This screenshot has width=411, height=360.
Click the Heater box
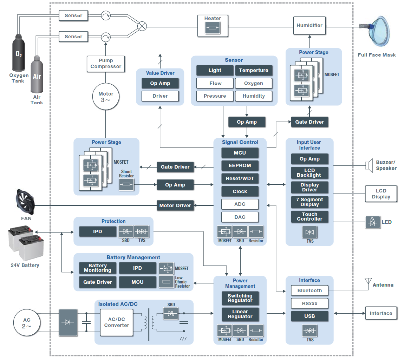[213, 25]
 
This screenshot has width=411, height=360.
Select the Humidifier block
[309, 25]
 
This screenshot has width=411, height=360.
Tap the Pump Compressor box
[106, 64]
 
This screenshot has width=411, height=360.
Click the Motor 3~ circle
[106, 97]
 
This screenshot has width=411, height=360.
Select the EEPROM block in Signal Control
[240, 166]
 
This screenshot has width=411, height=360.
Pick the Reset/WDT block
[240, 178]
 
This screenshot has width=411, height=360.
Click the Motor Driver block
[175, 205]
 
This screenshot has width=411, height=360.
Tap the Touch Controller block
[309, 217]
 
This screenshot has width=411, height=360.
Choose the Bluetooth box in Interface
[309, 290]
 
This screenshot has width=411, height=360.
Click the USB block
[309, 316]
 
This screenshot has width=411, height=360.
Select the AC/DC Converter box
[117, 322]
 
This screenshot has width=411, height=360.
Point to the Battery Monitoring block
[98, 268]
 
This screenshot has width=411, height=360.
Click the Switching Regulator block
[240, 298]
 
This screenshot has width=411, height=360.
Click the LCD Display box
[381, 194]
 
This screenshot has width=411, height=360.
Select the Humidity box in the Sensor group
[254, 96]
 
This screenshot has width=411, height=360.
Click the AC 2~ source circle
[27, 323]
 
